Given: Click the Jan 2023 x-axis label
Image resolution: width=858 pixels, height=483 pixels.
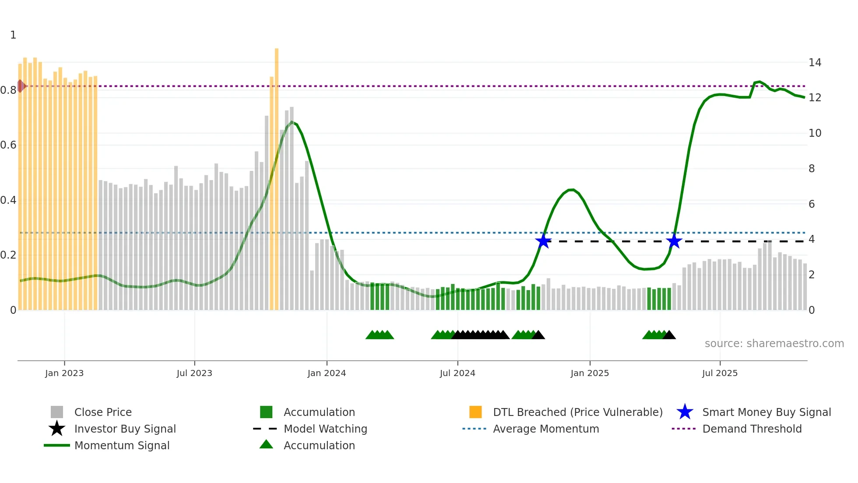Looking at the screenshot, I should coord(64,373).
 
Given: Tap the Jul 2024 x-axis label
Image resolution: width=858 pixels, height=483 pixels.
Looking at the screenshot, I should coord(457,373).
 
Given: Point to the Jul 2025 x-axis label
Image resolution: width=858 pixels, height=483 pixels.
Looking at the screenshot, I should coord(720,373).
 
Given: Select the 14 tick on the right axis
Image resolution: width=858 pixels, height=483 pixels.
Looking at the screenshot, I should coord(815,63).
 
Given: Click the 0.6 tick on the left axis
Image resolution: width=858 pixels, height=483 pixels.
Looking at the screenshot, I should coord(8,145).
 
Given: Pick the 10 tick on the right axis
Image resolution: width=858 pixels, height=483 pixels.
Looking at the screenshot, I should coord(815,133).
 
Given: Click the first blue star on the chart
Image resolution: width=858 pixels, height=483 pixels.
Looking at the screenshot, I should coord(543,241).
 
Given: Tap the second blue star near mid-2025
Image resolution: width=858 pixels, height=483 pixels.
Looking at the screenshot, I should coord(674,241).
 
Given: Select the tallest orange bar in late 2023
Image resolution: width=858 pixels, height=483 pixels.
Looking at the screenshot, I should coord(277,175).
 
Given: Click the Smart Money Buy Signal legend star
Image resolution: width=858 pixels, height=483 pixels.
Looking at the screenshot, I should coord(685,412).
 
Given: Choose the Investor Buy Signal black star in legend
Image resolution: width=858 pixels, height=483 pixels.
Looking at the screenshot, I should coord(57,429).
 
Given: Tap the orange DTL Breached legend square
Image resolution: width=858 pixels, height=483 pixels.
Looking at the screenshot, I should coord(475,412).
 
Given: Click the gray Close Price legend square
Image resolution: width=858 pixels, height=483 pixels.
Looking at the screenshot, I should coord(57,412).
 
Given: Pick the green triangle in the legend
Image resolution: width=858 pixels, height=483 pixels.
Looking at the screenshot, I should coord(266,445).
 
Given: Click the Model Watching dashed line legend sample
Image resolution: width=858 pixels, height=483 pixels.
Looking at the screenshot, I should coord(265,429).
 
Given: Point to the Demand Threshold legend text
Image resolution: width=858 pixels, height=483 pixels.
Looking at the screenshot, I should coord(752,429).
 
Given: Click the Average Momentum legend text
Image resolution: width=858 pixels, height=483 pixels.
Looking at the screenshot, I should coord(546,429).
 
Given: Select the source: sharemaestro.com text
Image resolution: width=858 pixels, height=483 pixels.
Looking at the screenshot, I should coord(774,344).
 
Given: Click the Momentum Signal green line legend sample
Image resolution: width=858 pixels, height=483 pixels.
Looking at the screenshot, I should coord(57,445).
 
